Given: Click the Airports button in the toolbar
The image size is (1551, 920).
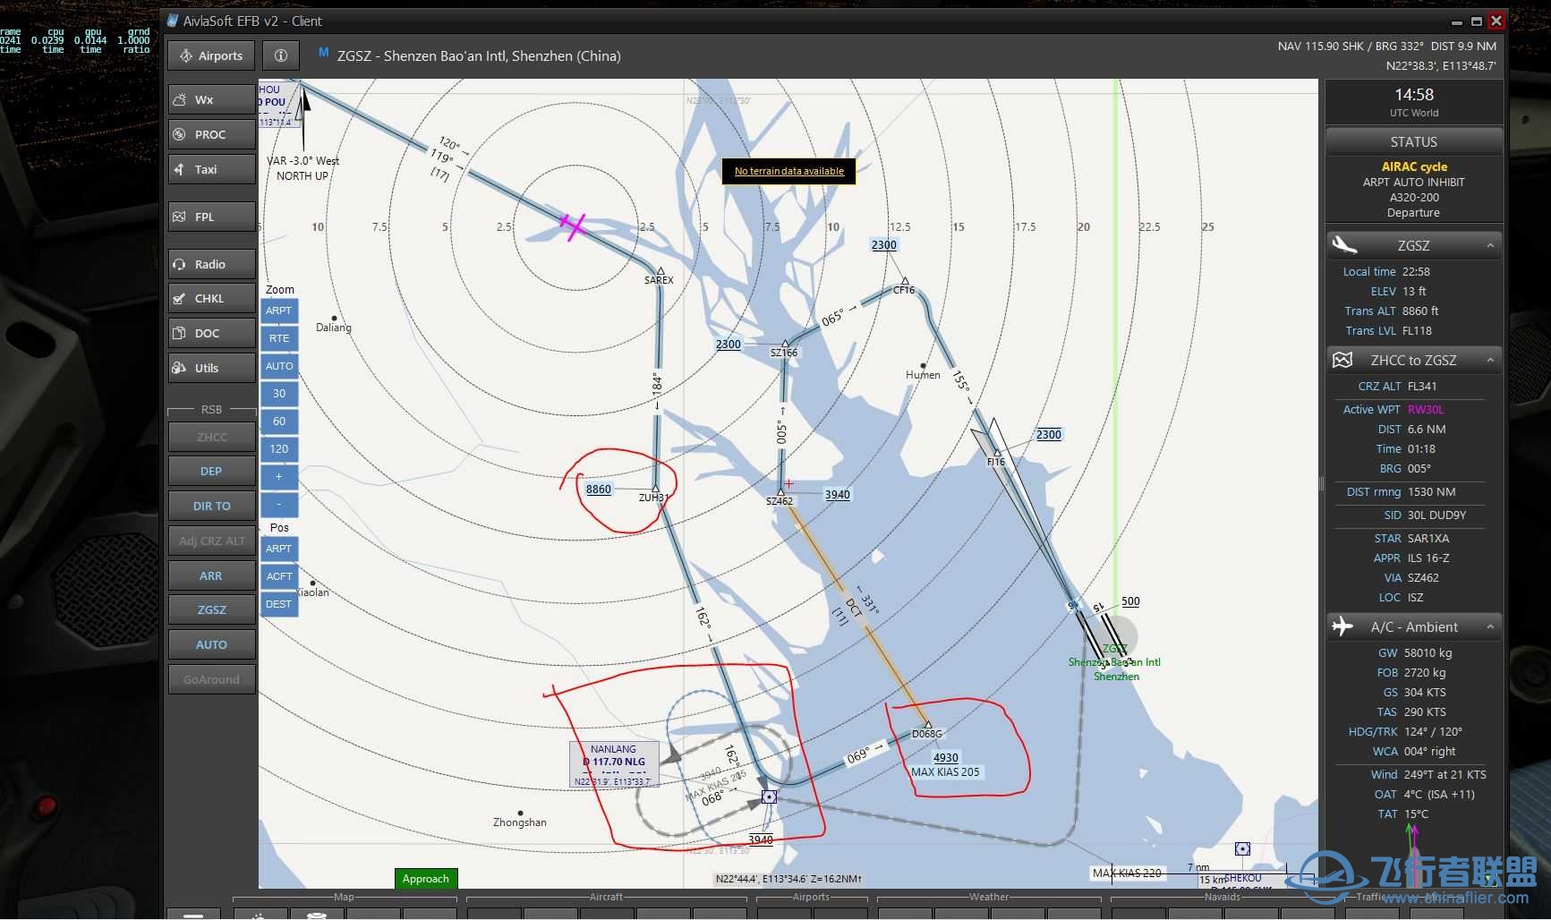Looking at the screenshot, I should click(211, 55).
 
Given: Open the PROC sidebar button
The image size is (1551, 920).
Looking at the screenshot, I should click(211, 134).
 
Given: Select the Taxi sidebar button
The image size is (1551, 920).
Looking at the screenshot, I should click(211, 169).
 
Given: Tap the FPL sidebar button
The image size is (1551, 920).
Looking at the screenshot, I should click(211, 217).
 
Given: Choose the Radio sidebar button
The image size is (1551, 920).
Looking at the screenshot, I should click(211, 264).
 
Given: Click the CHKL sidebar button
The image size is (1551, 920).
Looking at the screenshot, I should click(211, 298).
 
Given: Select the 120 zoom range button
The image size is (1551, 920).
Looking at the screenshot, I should click(279, 449).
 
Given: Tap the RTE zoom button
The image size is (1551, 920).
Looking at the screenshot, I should click(279, 338).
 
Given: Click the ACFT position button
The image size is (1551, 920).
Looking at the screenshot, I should click(279, 576).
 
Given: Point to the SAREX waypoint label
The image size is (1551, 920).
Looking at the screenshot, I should click(659, 280).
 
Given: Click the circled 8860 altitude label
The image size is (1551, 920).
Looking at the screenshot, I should click(599, 490).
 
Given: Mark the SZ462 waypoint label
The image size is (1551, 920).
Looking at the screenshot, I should click(780, 501).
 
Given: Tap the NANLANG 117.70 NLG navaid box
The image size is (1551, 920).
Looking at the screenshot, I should click(614, 762).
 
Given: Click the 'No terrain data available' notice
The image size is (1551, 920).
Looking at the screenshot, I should click(788, 171).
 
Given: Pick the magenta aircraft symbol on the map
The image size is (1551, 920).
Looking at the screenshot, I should click(573, 226).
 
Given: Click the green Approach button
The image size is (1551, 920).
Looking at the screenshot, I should click(426, 879).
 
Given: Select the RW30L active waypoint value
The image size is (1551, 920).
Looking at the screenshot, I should click(1426, 410).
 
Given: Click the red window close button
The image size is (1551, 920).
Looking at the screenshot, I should click(1496, 21).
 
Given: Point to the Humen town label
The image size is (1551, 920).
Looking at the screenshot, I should click(923, 375).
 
